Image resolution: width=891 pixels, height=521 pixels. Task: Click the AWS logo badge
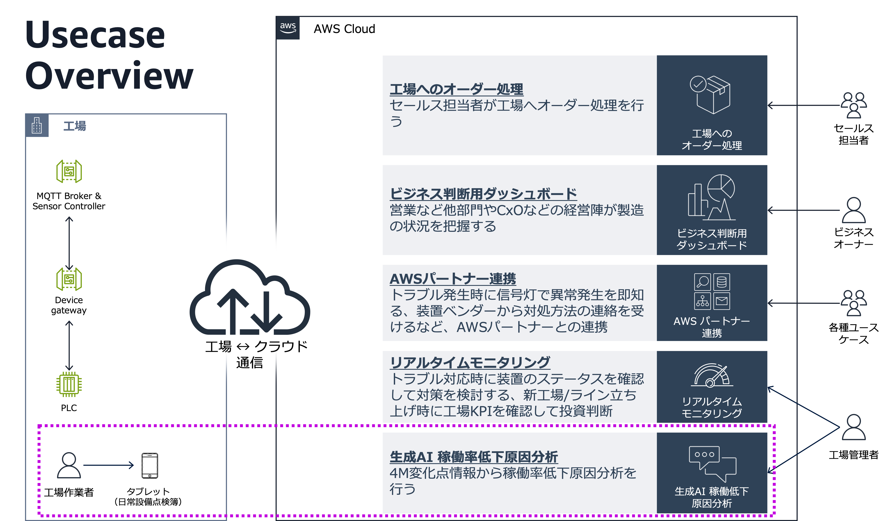(288, 28)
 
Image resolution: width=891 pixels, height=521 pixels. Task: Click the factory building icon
(37, 125)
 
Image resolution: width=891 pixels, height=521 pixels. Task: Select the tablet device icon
(150, 465)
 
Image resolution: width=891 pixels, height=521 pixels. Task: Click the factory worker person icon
(69, 465)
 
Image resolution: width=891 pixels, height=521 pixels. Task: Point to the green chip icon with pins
(69, 384)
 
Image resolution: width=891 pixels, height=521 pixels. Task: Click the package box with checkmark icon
(710, 94)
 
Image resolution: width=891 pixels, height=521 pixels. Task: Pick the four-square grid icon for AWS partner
(712, 291)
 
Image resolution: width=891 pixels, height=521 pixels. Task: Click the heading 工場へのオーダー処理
(456, 89)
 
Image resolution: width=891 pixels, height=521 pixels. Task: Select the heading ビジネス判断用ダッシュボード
(483, 194)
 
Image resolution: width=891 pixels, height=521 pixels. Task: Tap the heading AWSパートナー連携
(452, 279)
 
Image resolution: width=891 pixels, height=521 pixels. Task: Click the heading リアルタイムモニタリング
(470, 362)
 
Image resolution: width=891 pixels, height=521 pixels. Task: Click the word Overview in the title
(109, 75)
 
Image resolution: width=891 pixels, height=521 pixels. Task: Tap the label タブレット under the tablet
(148, 491)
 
